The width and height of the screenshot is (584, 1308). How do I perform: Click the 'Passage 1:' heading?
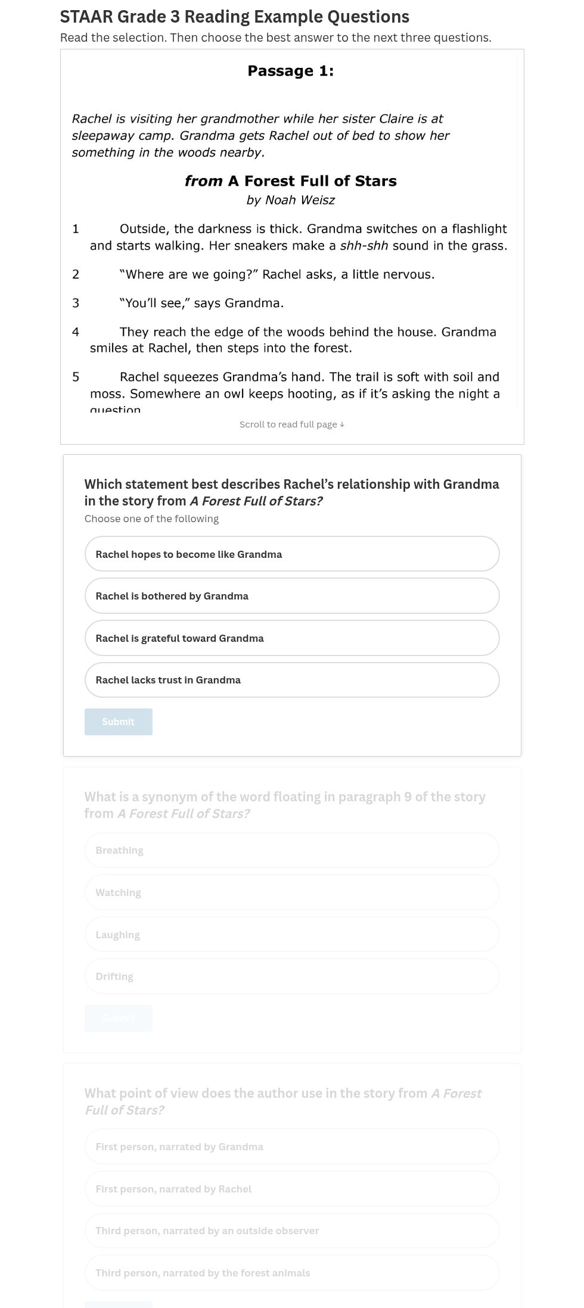[290, 71]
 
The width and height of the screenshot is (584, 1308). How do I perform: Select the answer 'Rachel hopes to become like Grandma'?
[291, 554]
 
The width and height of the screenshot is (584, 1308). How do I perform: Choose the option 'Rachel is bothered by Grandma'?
[291, 596]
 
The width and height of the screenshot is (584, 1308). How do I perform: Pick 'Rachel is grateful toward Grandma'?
[291, 638]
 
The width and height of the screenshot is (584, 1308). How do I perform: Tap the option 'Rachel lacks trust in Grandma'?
[291, 680]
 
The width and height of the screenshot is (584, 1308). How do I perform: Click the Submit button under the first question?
[118, 722]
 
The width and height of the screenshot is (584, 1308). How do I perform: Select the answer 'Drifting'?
[291, 976]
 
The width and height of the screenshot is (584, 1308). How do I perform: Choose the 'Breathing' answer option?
[291, 850]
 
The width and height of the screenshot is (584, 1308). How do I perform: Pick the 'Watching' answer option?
[291, 892]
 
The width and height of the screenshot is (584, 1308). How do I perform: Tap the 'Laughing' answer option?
[291, 935]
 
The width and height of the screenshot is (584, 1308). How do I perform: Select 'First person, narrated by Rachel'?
[291, 1189]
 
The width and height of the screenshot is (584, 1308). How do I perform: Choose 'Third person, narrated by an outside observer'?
[291, 1231]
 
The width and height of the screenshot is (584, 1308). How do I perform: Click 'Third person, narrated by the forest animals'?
[291, 1273]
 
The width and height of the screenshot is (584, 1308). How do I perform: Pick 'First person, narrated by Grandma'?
[291, 1147]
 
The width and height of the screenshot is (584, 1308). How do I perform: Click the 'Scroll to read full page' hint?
[291, 424]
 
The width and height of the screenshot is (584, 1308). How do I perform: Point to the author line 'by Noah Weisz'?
[290, 200]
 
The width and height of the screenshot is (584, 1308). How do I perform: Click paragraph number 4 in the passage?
[76, 332]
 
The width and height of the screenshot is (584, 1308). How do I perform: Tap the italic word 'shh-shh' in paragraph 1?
[364, 246]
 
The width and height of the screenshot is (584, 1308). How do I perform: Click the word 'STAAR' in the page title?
[83, 17]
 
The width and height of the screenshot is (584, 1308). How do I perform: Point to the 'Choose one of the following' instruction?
[151, 519]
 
